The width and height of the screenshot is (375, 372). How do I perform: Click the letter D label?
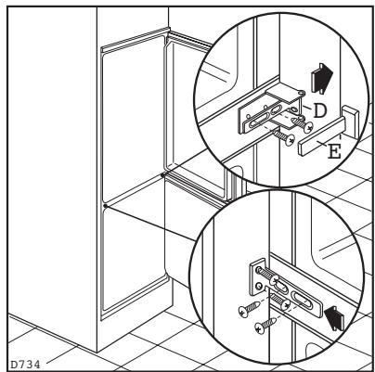(319, 110)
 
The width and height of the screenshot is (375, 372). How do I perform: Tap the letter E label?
(334, 151)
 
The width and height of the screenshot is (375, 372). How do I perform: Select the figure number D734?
(26, 364)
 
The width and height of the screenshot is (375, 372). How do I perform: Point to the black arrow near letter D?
(322, 78)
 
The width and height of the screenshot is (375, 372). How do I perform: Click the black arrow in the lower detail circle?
(334, 317)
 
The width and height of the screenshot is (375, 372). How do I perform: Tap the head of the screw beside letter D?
(308, 127)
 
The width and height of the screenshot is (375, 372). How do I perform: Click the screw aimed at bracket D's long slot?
(284, 137)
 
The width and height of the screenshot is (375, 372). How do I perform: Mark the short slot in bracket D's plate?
(276, 109)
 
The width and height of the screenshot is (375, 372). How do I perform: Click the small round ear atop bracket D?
(303, 92)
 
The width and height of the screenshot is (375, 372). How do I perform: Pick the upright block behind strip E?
(351, 120)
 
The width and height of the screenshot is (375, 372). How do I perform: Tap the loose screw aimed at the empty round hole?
(250, 309)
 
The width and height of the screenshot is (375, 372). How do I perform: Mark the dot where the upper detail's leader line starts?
(162, 175)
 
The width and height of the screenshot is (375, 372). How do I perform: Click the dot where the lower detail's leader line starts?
(105, 206)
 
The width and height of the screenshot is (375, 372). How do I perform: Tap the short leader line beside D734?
(60, 354)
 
